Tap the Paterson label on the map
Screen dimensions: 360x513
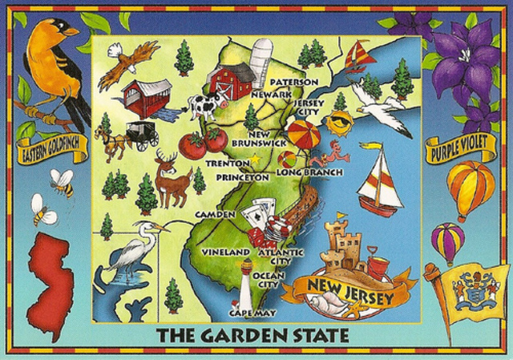click(x=293, y=82)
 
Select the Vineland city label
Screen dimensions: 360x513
click(x=225, y=252)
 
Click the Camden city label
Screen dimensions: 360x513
click(x=214, y=215)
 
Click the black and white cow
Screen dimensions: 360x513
click(x=204, y=105)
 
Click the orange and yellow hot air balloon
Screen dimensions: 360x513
click(x=471, y=188)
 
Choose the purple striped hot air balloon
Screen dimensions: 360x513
click(x=447, y=241)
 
